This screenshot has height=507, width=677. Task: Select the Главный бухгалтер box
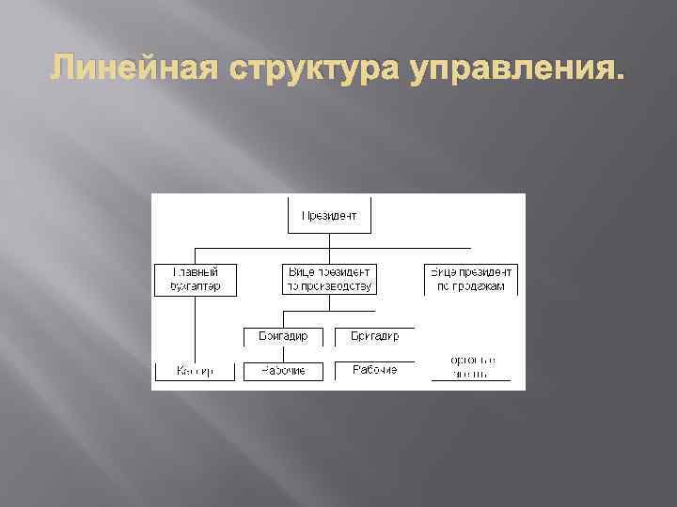coord(196,279)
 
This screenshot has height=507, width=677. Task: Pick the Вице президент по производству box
coord(329,279)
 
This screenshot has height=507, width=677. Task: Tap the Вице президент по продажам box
coord(470,279)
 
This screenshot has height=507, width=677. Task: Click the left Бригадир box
coord(282,336)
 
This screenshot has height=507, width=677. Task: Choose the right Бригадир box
coord(374,336)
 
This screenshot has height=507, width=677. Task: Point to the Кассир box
coord(196,371)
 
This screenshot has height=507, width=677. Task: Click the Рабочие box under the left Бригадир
coord(282,371)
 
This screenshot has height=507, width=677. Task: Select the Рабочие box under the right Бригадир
coord(374,371)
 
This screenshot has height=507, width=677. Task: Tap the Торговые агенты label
coord(471,366)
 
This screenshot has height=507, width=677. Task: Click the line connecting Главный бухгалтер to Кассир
coord(196,329)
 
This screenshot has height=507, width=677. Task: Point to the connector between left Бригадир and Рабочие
coord(282,353)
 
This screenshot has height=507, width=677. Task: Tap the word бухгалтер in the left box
coord(196,285)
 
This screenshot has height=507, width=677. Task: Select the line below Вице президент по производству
coord(329,302)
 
